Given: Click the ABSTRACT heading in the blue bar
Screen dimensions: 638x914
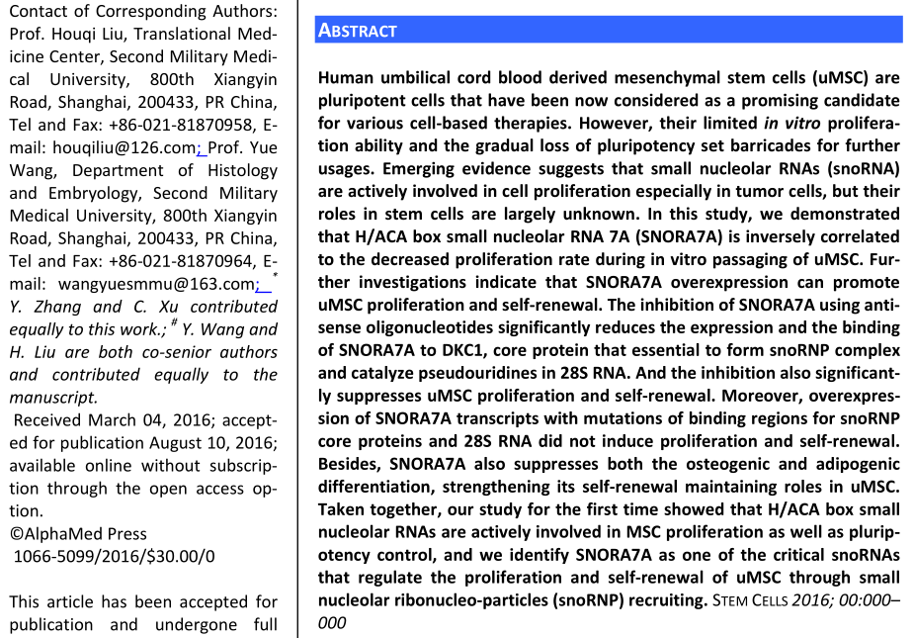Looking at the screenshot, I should pos(357,31).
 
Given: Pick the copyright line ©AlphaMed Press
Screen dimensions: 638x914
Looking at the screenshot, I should pos(78,534).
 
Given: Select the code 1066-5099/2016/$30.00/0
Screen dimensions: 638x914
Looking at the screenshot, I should pos(114,557).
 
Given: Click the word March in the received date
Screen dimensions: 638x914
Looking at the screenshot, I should pos(108,420).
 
